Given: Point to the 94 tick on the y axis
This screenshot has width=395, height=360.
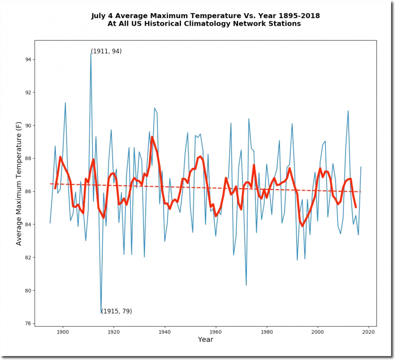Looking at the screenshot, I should coord(34,59).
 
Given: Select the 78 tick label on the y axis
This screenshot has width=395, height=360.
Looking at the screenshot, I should coord(28,323).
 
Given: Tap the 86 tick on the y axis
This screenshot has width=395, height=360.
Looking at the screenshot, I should coord(34,191).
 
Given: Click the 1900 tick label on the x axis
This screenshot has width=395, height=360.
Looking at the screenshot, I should coord(62,331).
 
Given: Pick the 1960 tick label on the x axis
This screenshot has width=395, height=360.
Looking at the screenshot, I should coord(216,331).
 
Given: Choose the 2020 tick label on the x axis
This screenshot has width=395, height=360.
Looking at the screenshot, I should coord(369,331).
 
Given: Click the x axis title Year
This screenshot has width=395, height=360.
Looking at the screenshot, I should coord(205,340).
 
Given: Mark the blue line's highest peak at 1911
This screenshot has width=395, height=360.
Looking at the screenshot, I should coord(91,53).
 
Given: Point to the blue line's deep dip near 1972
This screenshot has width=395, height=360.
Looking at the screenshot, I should coord(246,285).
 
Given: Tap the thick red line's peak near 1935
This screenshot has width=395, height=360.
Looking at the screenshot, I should coord(152,137).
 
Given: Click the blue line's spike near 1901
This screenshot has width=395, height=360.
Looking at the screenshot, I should coord(65,103).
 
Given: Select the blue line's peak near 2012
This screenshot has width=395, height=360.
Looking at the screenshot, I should coord(348,111).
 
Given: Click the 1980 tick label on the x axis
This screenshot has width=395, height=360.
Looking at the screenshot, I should coord(267,331).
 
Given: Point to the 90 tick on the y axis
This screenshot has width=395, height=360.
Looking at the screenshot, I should coord(34,125).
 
